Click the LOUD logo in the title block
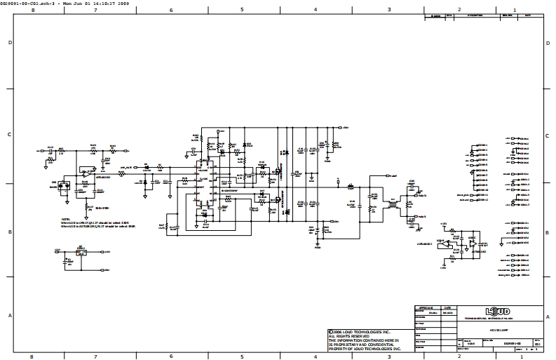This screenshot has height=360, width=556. pos(497,311)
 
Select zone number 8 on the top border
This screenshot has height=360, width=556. pos(32,11)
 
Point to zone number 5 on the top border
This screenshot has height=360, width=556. pos(242,11)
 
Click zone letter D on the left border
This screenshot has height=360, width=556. pos(9,43)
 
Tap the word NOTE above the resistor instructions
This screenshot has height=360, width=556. pos(65,219)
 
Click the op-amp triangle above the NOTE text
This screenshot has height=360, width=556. pos(86,171)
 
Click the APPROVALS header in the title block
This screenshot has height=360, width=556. pos(427,307)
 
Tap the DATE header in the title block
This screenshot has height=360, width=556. pos(447,307)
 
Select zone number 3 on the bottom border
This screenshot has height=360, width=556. pos(389,355)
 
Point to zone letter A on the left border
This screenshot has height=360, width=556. pos(9,316)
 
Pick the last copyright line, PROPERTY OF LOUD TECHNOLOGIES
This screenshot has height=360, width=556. pos(365,349)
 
